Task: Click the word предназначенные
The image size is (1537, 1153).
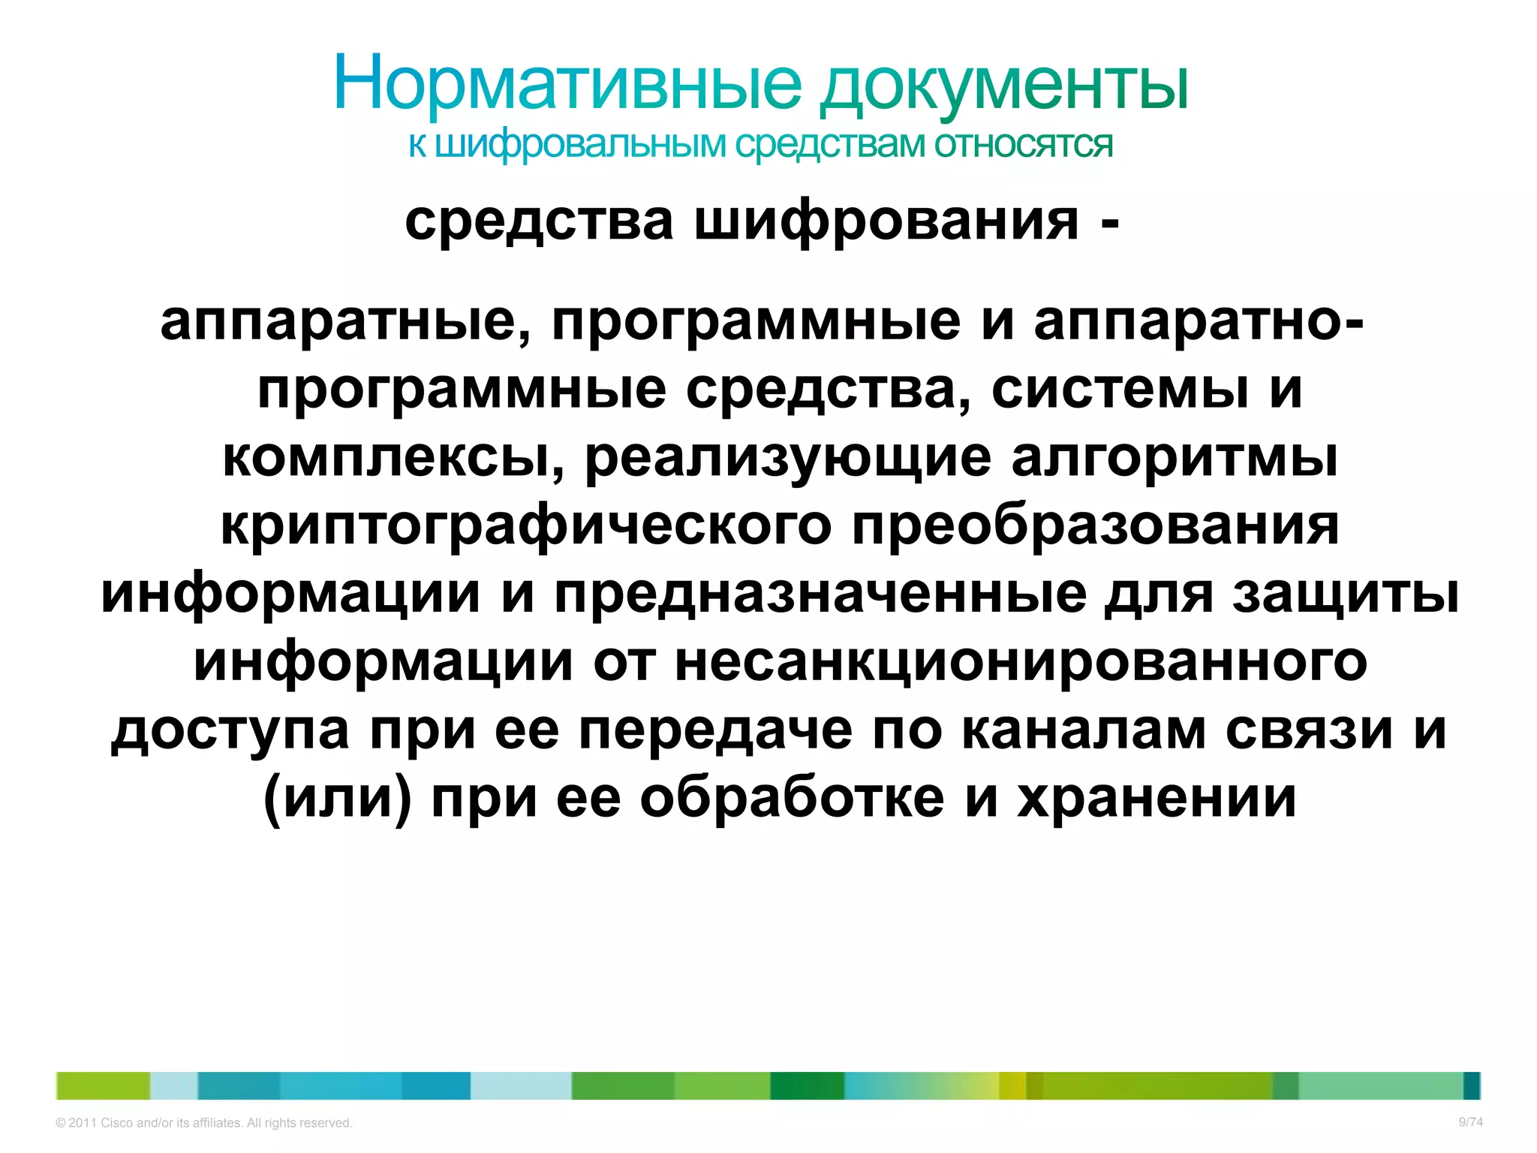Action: point(820,594)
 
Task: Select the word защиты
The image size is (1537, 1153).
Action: point(1346,594)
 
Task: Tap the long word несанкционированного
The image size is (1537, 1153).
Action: point(1021,661)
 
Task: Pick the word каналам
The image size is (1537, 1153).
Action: point(1083,730)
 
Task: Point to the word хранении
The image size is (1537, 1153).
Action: point(1157,798)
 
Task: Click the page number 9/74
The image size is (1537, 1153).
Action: point(1470,1122)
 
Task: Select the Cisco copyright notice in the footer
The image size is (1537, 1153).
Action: point(204,1123)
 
